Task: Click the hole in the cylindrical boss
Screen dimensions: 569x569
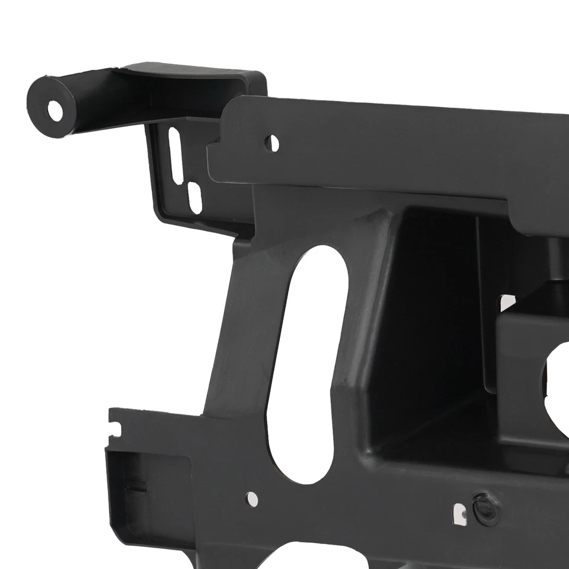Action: (x=55, y=110)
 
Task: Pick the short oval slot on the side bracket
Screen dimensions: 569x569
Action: (x=194, y=197)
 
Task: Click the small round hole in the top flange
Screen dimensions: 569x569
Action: (x=271, y=143)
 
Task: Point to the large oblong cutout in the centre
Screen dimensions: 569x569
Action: (x=308, y=362)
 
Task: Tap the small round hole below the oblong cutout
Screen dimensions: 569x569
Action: (x=252, y=499)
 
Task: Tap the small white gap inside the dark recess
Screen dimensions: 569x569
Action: (x=507, y=302)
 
